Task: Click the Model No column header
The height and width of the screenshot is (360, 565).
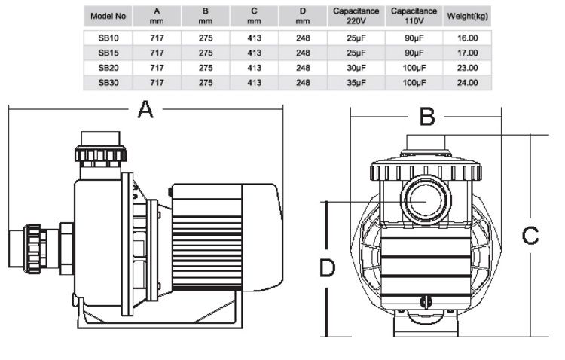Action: (105, 16)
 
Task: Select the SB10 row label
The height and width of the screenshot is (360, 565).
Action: (105, 36)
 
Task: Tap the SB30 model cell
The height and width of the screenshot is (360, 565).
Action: (105, 82)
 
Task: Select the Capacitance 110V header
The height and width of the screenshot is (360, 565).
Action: (411, 16)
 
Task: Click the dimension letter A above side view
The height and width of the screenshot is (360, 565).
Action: (145, 111)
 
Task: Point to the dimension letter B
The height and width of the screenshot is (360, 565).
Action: (427, 117)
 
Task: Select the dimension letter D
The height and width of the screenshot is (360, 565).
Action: (326, 268)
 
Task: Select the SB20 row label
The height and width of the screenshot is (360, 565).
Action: (105, 67)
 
